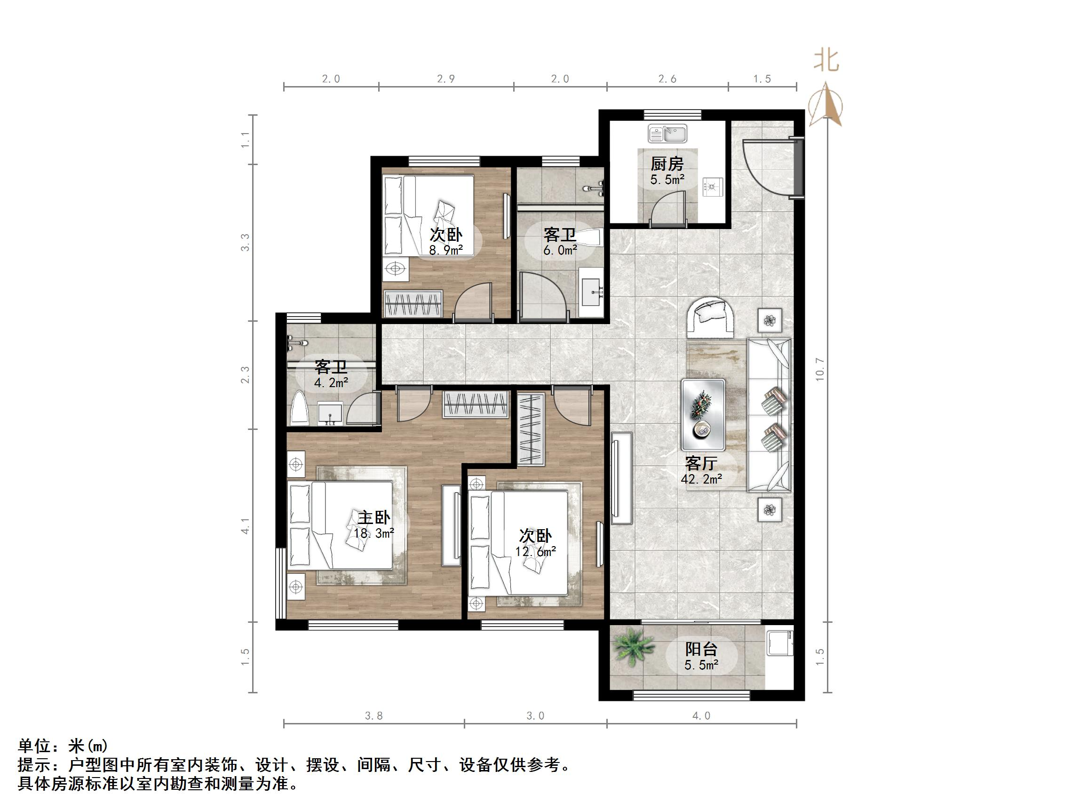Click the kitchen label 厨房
coord(667,163)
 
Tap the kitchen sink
coord(667,133)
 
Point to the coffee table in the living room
coord(703,414)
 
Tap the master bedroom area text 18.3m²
coord(374,533)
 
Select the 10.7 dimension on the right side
coord(820,369)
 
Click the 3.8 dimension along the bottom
coord(374,716)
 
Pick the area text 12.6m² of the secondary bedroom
coord(536,552)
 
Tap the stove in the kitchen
coord(712,185)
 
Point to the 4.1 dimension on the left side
coord(245,526)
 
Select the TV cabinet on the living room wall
coord(621,478)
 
